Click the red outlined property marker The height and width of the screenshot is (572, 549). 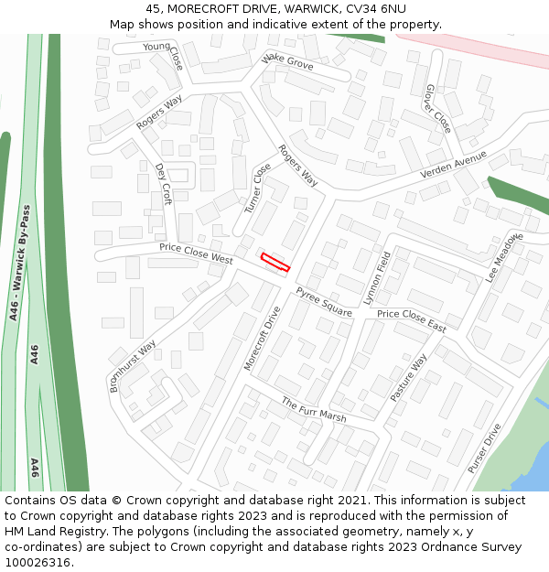click(275, 263)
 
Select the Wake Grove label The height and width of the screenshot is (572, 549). click(287, 62)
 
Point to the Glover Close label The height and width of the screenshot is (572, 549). click(437, 109)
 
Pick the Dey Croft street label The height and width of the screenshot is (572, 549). click(164, 184)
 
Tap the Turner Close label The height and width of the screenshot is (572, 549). click(258, 189)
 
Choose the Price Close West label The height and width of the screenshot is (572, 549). click(196, 253)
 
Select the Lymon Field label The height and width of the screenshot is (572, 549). click(377, 277)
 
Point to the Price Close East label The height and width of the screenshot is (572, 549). click(412, 320)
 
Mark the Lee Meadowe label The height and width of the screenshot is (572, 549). click(503, 257)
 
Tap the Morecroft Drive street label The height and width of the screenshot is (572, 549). click(262, 339)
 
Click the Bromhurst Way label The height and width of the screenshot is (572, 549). click(133, 366)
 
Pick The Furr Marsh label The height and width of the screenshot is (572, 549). click(313, 409)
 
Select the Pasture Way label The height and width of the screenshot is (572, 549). click(408, 377)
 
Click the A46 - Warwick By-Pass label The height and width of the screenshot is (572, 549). click(20, 262)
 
